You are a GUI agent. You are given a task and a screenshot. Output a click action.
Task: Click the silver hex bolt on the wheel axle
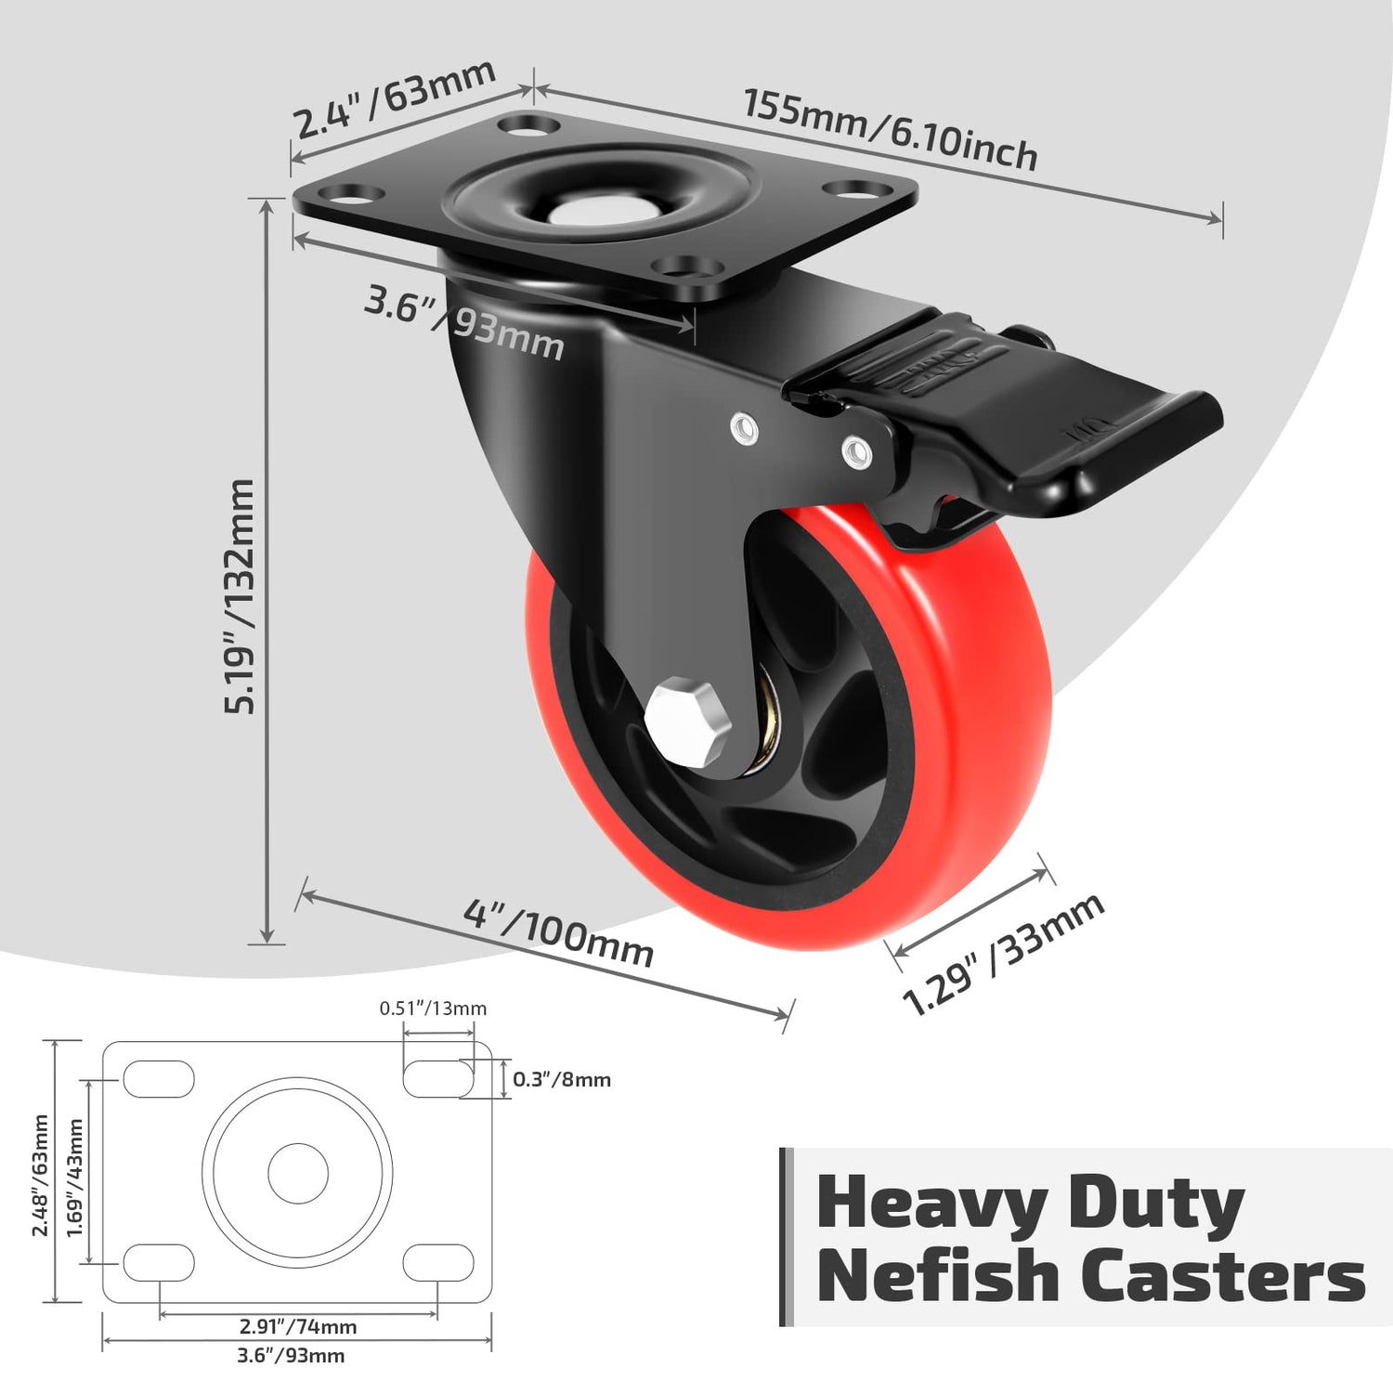tap(688, 724)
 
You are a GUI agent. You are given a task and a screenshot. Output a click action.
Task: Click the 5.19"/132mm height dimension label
tap(239, 596)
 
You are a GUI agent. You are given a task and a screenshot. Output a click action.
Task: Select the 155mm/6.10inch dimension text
tap(890, 130)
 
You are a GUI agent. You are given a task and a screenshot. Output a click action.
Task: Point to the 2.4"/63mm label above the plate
tap(394, 98)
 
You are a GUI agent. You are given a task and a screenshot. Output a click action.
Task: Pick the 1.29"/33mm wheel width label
tap(1003, 954)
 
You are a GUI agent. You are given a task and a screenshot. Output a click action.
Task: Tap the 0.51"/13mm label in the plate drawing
tap(433, 1009)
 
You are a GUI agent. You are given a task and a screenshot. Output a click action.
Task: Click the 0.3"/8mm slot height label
tap(562, 1079)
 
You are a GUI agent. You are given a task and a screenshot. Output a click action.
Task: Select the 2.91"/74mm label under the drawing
tap(298, 1327)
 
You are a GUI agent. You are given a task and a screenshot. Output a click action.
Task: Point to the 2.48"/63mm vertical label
tap(40, 1176)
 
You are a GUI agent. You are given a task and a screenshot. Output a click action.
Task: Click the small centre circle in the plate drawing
tap(298, 1173)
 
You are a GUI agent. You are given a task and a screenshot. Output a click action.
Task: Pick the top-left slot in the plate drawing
tap(159, 1079)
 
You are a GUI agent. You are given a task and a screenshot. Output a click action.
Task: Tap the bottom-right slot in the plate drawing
tap(438, 1263)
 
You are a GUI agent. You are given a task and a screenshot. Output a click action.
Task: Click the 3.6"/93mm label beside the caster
tap(463, 323)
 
